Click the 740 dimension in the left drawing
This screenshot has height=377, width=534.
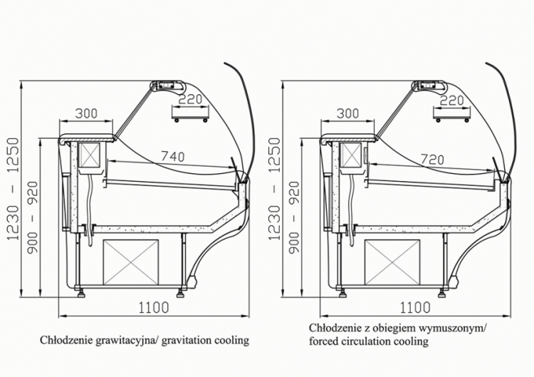point(173,156)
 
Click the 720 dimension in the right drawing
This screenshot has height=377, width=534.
point(432,159)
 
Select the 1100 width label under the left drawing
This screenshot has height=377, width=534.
point(154,307)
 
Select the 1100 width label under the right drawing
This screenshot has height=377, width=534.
point(415,307)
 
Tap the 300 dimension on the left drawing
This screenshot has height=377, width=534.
point(86,113)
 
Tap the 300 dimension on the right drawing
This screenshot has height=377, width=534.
point(347,113)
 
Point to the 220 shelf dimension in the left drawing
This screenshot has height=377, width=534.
point(190,100)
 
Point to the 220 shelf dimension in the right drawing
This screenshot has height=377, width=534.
point(451,100)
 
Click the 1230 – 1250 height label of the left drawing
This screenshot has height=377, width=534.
point(14,188)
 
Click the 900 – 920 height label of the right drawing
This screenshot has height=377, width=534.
point(295,217)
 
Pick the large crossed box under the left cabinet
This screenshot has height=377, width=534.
point(131,262)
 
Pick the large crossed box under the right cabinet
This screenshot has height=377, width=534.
point(392,262)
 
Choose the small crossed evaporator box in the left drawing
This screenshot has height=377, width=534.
point(90,155)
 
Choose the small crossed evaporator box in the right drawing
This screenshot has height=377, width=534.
point(351,155)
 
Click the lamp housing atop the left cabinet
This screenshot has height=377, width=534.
point(167,86)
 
